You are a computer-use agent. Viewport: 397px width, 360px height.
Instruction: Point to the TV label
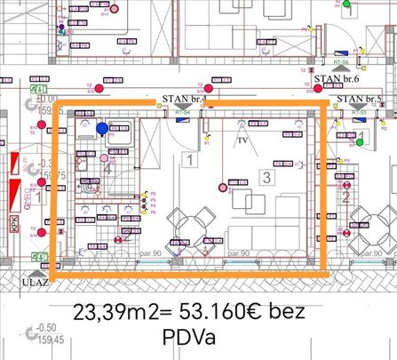click(x=242, y=140)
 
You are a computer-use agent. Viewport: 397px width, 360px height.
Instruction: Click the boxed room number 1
click(x=189, y=160)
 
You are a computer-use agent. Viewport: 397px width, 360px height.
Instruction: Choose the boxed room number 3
click(x=266, y=177)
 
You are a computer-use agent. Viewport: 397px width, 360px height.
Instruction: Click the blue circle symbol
click(x=103, y=129)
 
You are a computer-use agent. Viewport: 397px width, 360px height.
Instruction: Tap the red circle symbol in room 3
click(x=222, y=188)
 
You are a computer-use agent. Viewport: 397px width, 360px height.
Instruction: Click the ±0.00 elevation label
click(x=45, y=100)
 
